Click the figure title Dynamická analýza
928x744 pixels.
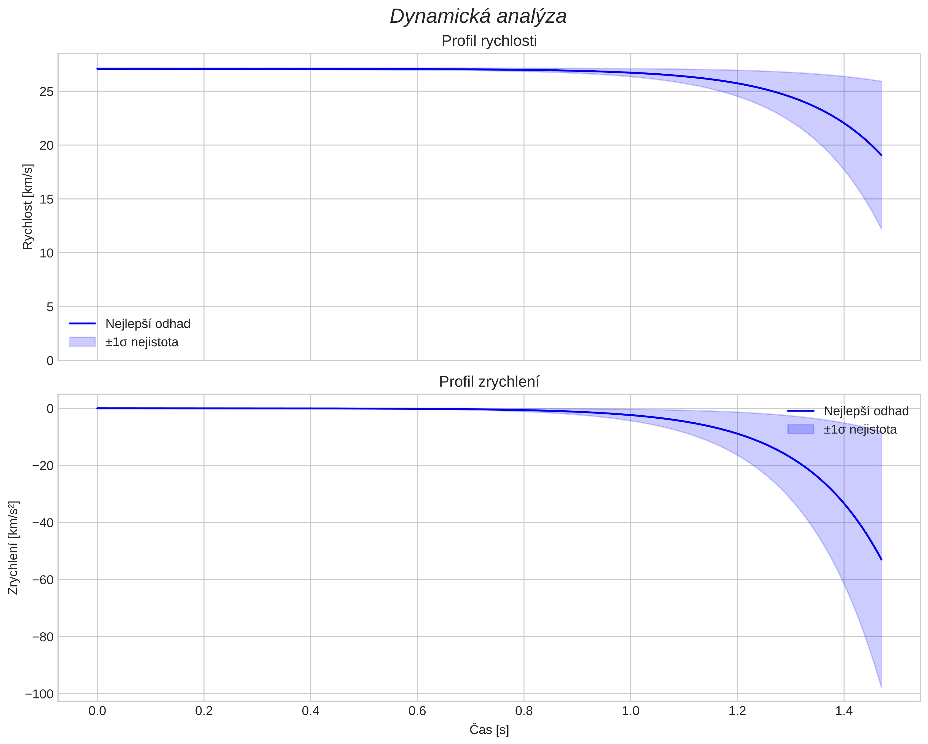[478, 16]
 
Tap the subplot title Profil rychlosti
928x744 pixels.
[489, 41]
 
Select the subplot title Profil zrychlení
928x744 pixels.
[489, 382]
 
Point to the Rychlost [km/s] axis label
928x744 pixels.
[28, 207]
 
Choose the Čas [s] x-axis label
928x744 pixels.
[489, 730]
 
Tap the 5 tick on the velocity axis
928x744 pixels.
[50, 307]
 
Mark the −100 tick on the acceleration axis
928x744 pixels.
[40, 694]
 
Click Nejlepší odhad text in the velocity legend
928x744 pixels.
[148, 324]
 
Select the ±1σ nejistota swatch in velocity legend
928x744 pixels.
[82, 342]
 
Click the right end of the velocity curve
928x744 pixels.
[881, 155]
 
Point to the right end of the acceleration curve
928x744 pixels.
[881, 559]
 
